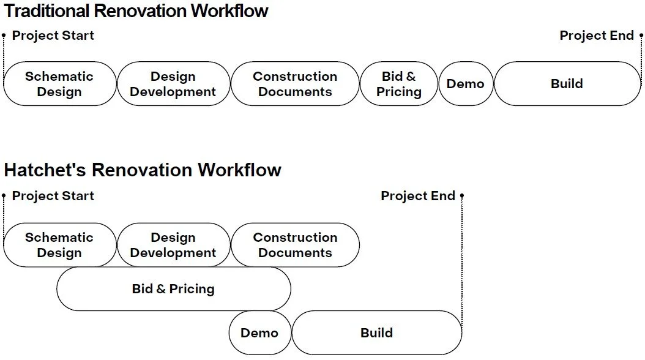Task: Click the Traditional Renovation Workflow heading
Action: point(136,11)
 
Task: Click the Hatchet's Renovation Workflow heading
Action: point(143,170)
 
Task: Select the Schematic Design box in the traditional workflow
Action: point(59,84)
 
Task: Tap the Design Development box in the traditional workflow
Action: point(173,84)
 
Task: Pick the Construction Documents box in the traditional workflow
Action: point(295,84)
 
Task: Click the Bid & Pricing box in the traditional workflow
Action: point(399,84)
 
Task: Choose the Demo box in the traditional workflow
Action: point(466,84)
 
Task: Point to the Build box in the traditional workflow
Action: point(567,84)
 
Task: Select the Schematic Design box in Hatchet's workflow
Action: point(59,245)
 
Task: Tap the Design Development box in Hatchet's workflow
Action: point(173,245)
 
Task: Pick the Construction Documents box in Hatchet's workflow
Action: point(295,245)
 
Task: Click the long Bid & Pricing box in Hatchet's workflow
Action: point(173,289)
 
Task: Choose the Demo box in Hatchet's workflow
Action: point(259,333)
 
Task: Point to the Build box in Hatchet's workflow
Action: point(376,333)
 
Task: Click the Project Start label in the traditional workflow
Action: point(53,36)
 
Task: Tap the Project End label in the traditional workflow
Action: point(597,36)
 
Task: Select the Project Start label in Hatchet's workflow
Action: point(53,196)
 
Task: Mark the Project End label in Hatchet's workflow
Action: point(418,196)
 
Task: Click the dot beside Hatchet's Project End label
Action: point(462,196)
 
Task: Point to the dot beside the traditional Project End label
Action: point(641,36)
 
